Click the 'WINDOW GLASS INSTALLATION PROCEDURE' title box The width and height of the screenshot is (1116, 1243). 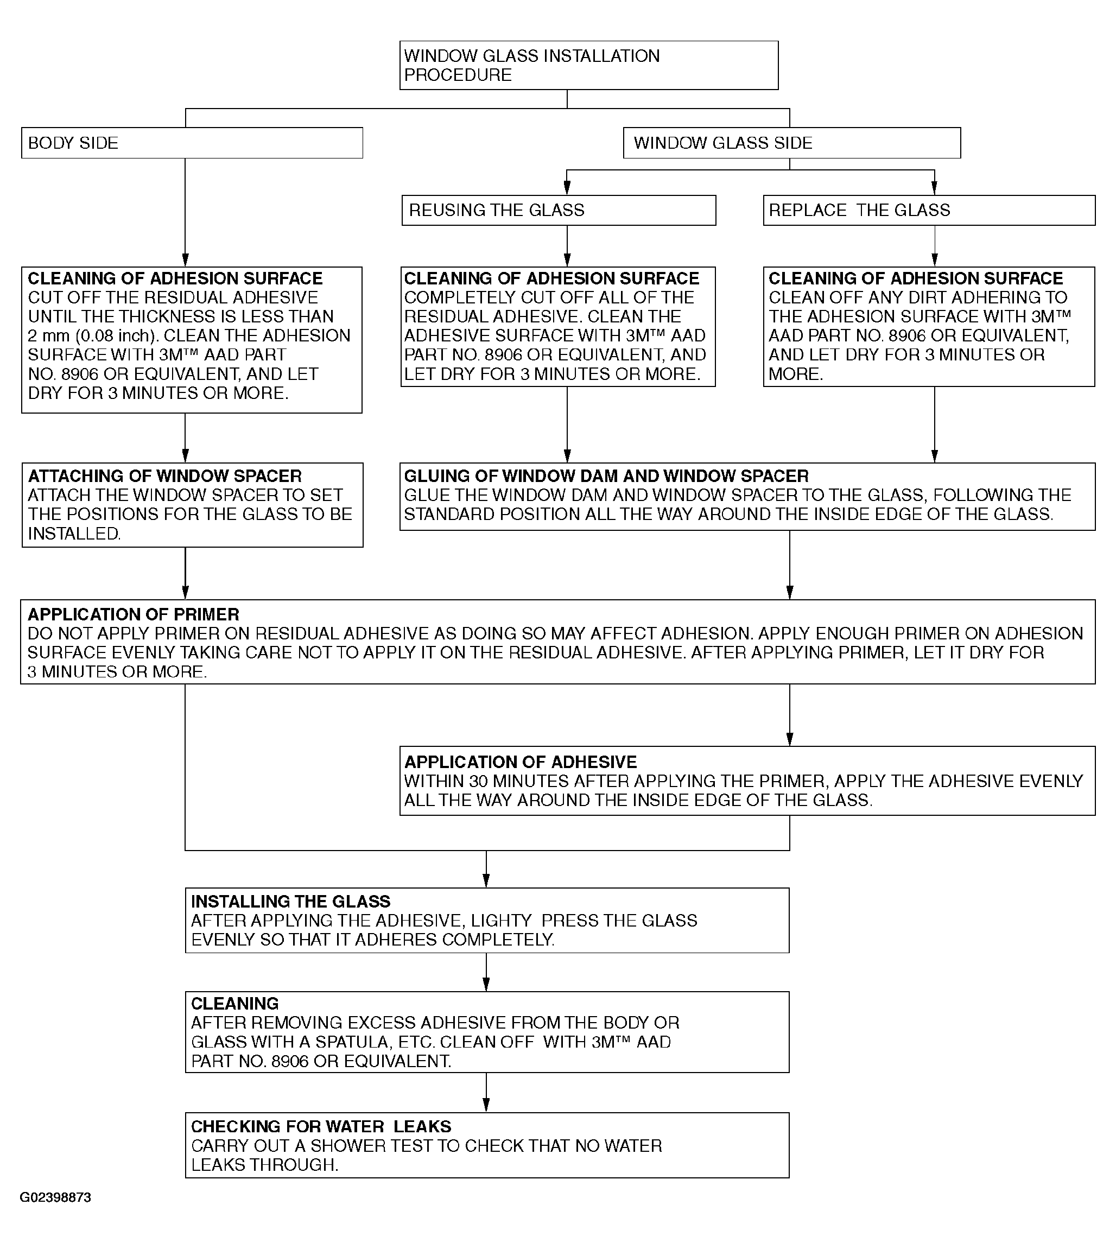click(588, 66)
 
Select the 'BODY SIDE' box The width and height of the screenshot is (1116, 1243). click(192, 143)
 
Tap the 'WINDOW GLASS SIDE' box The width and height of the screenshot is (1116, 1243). click(791, 143)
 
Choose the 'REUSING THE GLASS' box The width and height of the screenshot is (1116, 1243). click(559, 211)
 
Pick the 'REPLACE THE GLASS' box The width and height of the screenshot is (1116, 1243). click(928, 211)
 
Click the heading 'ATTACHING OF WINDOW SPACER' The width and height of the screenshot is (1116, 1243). click(165, 477)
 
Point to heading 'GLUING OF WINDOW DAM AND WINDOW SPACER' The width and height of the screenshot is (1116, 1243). click(606, 477)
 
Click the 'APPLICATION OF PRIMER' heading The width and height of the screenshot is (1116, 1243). click(133, 614)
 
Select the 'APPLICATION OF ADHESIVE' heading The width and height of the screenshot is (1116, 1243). click(520, 762)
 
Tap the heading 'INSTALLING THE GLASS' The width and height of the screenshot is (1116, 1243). click(290, 902)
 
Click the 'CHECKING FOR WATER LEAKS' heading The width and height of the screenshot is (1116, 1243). click(321, 1126)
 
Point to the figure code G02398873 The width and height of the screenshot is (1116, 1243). click(55, 1197)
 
